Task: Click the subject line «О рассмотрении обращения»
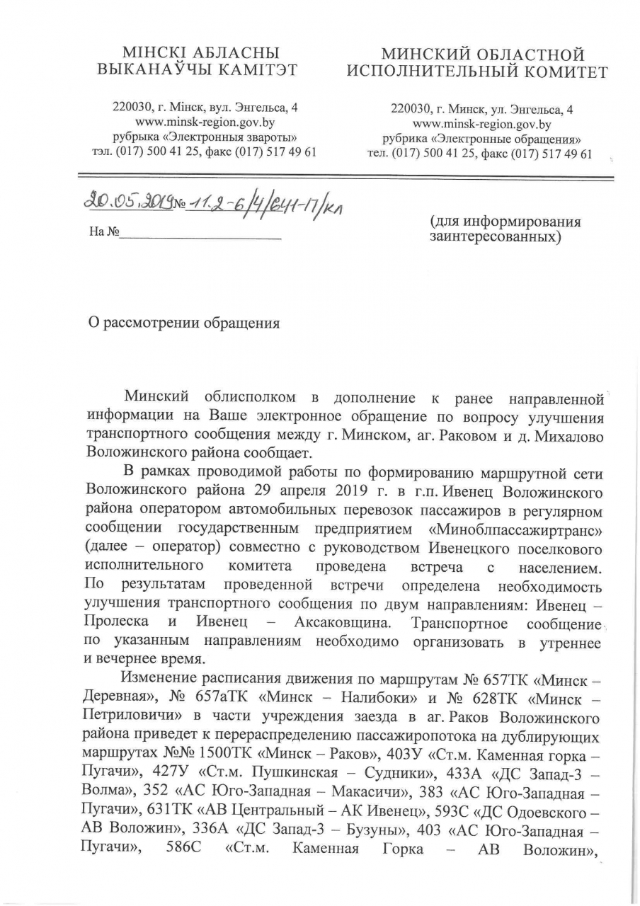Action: point(183,323)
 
